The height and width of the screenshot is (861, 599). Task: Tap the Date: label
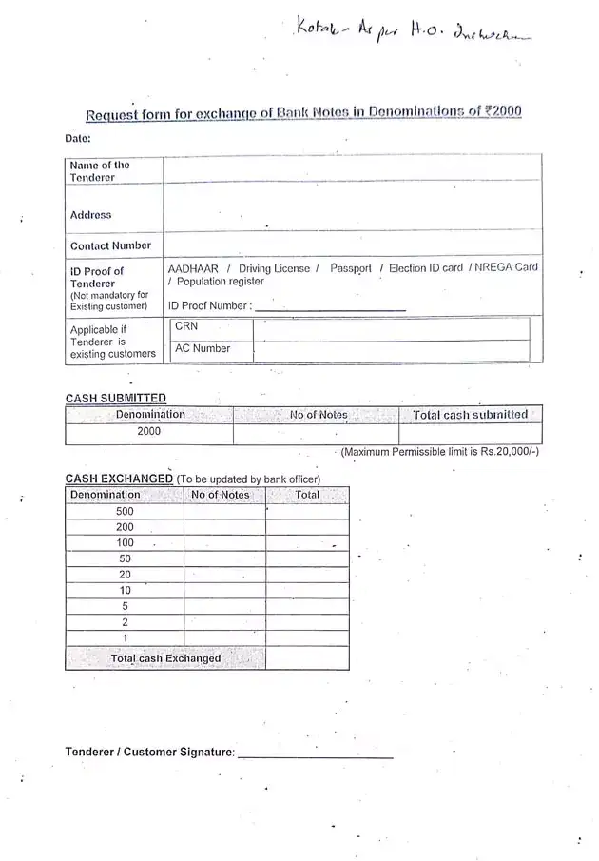(78, 139)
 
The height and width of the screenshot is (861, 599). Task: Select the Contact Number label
(110, 245)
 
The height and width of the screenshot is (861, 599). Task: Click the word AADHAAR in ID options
(193, 268)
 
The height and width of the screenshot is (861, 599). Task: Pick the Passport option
(351, 268)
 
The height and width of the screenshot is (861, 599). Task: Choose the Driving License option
(275, 268)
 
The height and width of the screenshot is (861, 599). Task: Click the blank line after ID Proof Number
(330, 307)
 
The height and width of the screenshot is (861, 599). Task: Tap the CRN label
(186, 326)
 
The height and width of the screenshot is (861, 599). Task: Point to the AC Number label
(203, 348)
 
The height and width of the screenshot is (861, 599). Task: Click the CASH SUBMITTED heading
(115, 398)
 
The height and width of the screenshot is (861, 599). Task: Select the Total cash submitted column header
(470, 415)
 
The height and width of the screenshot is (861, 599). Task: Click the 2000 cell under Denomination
(149, 431)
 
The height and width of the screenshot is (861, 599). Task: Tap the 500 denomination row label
(125, 511)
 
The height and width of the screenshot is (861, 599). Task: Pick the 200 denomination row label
(125, 527)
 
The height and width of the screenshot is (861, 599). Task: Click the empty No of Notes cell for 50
(224, 558)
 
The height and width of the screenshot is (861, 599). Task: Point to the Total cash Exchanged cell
(165, 658)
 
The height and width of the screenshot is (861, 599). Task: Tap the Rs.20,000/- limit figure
(510, 451)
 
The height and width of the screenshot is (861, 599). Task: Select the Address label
(90, 215)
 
